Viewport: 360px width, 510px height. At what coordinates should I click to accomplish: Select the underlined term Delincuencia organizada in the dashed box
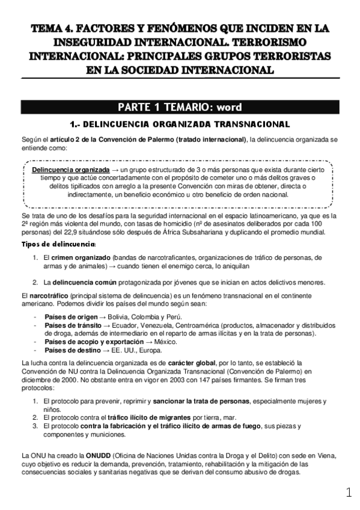pyautogui.click(x=70, y=170)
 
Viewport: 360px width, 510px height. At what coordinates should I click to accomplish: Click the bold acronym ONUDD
pyautogui.click(x=97, y=455)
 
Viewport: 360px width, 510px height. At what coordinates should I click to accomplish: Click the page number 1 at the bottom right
pyautogui.click(x=349, y=493)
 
